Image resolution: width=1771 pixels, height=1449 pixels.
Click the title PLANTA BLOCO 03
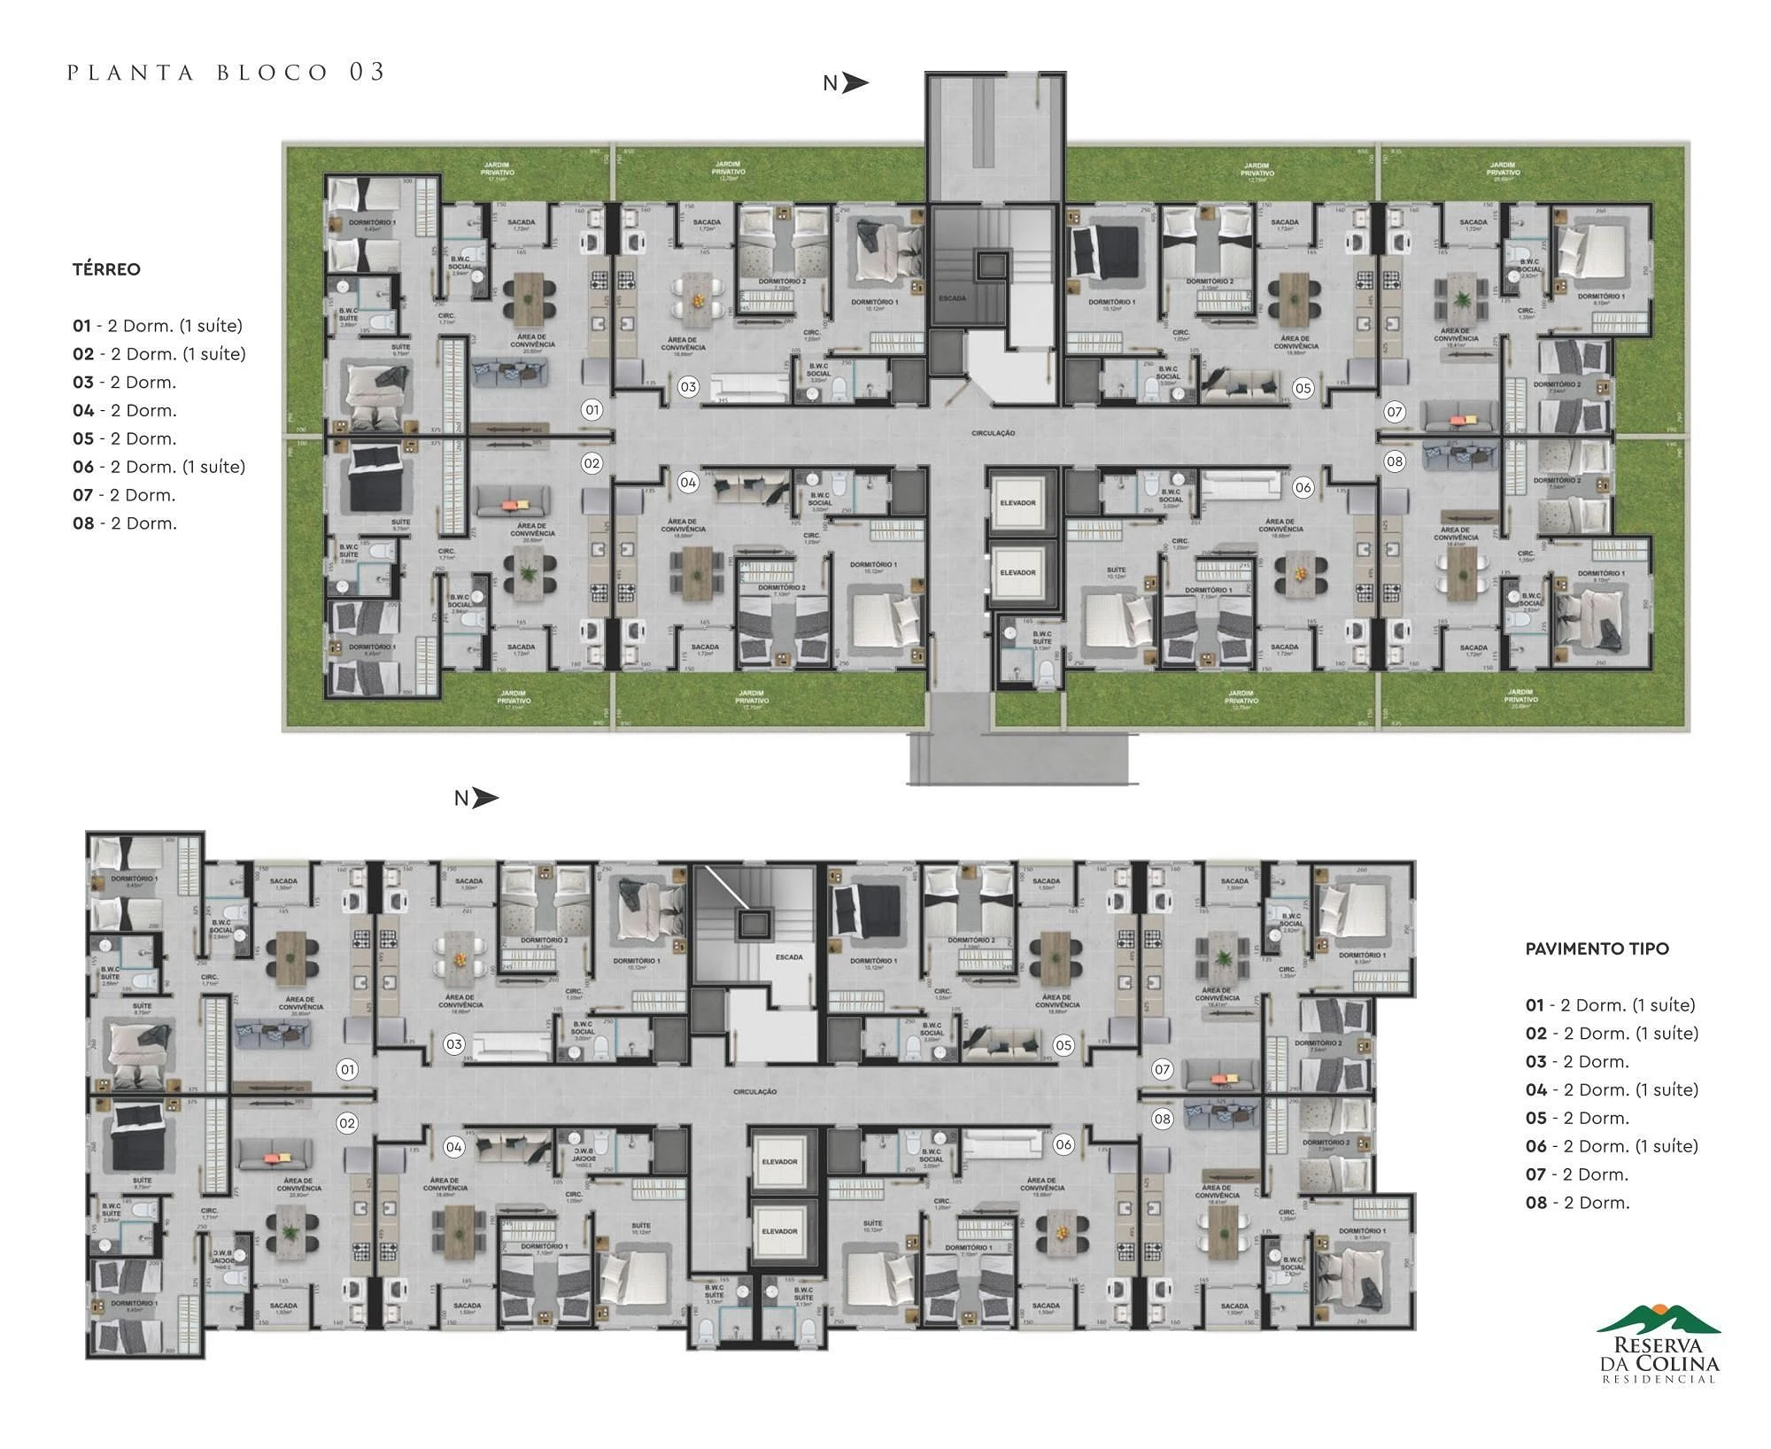pyautogui.click(x=227, y=73)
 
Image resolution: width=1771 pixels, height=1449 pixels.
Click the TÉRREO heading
pyautogui.click(x=106, y=269)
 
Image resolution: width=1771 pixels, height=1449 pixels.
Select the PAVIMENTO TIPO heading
pyautogui.click(x=1597, y=949)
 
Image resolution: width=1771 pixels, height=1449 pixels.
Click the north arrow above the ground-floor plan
pyautogui.click(x=847, y=83)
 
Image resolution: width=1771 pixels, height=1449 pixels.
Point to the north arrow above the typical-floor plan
pyautogui.click(x=476, y=798)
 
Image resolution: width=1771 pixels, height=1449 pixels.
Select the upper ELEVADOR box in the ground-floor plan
pyautogui.click(x=1017, y=502)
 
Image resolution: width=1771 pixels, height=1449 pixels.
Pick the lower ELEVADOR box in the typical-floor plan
pyautogui.click(x=780, y=1231)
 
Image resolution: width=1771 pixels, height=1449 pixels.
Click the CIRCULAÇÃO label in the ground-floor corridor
pyautogui.click(x=993, y=433)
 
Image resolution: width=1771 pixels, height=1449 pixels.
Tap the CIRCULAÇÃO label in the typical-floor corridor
pyautogui.click(x=754, y=1092)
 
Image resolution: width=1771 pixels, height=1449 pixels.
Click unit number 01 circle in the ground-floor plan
pyautogui.click(x=592, y=410)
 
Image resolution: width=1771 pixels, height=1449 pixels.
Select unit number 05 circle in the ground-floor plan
pyautogui.click(x=1303, y=388)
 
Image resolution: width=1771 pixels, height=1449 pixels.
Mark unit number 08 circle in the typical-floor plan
pyautogui.click(x=1162, y=1119)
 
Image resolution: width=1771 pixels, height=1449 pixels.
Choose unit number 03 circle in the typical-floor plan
pyautogui.click(x=454, y=1044)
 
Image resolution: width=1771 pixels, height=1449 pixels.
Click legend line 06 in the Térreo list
pyautogui.click(x=159, y=467)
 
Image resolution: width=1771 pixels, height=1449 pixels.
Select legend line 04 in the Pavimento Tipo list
pyautogui.click(x=1612, y=1089)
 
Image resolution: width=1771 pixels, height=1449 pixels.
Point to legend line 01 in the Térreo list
pyautogui.click(x=158, y=326)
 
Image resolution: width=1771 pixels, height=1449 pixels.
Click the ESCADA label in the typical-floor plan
pyautogui.click(x=789, y=957)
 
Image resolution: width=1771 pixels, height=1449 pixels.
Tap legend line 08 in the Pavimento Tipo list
pyautogui.click(x=1577, y=1203)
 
